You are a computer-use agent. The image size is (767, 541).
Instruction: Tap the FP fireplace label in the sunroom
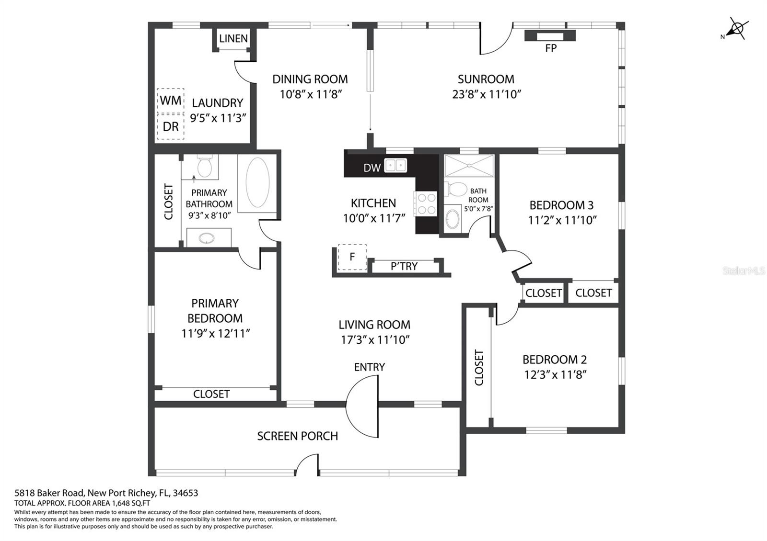click(x=551, y=48)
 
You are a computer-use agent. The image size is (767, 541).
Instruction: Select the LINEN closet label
click(x=233, y=38)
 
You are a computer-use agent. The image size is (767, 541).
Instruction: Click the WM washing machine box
click(x=171, y=100)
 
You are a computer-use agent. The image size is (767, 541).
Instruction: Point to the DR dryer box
click(x=171, y=126)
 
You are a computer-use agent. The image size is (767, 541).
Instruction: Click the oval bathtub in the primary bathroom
click(x=257, y=182)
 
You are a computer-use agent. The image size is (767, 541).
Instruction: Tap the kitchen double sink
click(x=395, y=166)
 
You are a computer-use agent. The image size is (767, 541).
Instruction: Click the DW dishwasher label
click(x=372, y=168)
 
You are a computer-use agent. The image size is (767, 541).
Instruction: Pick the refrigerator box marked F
click(x=352, y=257)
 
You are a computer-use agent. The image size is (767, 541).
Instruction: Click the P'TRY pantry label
click(x=404, y=266)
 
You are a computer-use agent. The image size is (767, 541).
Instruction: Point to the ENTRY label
click(x=370, y=367)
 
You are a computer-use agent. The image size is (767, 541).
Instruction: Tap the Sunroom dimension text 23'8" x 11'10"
click(x=487, y=94)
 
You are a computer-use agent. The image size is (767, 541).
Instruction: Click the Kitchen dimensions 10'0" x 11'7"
click(x=374, y=218)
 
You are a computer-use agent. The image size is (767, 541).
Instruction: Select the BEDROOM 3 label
click(x=561, y=205)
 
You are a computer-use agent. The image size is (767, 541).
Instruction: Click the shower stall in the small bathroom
click(x=469, y=166)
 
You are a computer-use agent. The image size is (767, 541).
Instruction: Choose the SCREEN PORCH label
click(x=298, y=436)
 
